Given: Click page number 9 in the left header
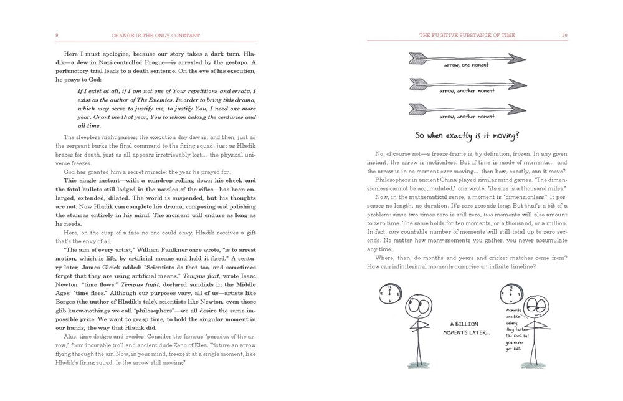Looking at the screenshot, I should click(x=57, y=35).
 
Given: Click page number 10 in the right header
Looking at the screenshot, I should click(x=564, y=35).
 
